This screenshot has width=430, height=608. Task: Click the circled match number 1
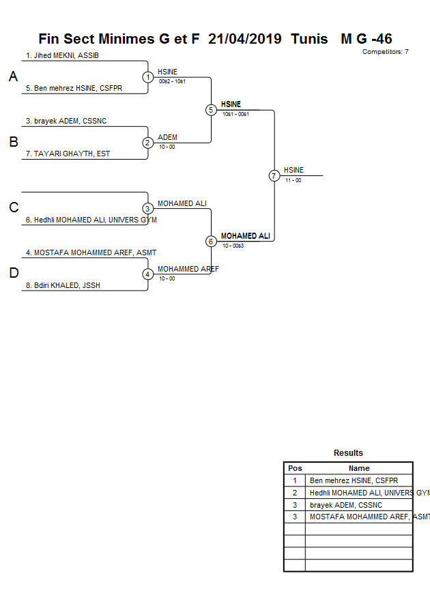tap(148, 77)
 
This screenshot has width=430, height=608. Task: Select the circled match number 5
tap(211, 110)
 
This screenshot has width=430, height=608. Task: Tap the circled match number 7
tap(274, 175)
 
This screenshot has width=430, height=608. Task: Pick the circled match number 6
tap(211, 242)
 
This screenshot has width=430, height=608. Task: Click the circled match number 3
tap(148, 208)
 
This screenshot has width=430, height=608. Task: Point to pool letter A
tap(13, 77)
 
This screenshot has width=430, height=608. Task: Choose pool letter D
tap(13, 274)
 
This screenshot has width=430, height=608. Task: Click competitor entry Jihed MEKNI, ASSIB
tap(62, 55)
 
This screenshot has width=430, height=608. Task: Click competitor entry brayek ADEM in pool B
tap(66, 121)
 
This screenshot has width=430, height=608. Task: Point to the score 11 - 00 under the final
tap(293, 180)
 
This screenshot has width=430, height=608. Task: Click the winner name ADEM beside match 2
tap(167, 137)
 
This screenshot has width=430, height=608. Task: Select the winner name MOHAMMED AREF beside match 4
tap(188, 269)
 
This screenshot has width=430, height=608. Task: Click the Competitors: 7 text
tap(385, 52)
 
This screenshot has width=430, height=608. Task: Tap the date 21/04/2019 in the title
tap(244, 39)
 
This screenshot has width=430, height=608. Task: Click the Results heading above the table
tap(348, 453)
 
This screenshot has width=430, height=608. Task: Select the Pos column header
tap(295, 468)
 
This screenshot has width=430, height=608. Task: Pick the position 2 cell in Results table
tap(295, 493)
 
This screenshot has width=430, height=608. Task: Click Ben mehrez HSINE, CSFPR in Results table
tap(345, 480)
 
